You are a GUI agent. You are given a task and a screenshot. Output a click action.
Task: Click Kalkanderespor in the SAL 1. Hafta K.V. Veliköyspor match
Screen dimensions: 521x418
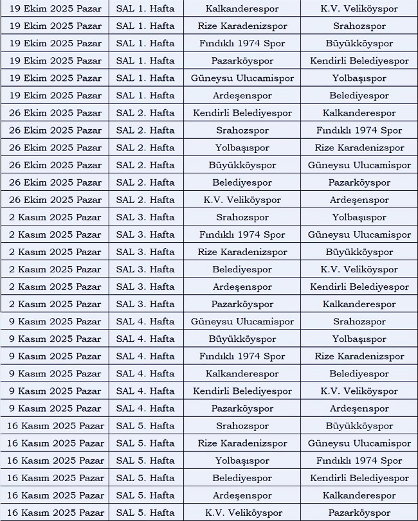pos(242,9)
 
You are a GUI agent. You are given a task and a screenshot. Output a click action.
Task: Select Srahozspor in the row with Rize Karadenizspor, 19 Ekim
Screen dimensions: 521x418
pos(359,26)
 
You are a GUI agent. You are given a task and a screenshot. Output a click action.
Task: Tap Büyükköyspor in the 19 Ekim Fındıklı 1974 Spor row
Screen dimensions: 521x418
pos(359,44)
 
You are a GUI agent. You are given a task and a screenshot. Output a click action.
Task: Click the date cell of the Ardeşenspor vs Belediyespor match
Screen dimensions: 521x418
pos(55,96)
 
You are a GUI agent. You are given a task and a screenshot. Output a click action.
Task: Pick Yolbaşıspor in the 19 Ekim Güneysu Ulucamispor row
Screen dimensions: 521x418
pos(359,78)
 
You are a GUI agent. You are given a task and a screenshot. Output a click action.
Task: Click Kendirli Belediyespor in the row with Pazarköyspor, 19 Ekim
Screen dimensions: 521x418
pos(359,61)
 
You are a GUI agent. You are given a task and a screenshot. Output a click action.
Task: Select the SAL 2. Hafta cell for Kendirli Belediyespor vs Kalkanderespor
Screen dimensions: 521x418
pos(145,113)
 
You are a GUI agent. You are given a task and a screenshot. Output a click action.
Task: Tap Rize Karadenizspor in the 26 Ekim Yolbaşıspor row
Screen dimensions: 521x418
pos(359,148)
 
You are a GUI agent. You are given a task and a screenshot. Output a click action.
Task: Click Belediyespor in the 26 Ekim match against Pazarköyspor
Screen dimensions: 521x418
pos(242,182)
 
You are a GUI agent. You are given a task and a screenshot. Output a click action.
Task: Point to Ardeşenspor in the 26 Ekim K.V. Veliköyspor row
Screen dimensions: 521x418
pos(359,200)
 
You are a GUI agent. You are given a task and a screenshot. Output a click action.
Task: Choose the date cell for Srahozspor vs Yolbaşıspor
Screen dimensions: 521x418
pos(55,217)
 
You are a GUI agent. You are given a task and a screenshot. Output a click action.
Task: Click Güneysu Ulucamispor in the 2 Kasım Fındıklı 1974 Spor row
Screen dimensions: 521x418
pos(359,234)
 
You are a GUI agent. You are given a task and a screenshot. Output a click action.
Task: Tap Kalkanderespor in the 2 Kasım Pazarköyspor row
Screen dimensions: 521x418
pos(359,304)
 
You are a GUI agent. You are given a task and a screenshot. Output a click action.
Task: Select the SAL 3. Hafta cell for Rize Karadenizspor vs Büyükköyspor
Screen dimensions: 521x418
pos(145,252)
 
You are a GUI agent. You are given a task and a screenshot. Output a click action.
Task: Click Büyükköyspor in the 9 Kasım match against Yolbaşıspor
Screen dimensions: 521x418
pos(242,339)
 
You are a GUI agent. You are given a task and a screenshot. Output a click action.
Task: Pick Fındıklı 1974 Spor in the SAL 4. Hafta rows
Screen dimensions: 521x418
pos(242,356)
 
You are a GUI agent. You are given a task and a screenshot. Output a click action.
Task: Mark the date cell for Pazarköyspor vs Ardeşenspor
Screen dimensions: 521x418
pos(55,408)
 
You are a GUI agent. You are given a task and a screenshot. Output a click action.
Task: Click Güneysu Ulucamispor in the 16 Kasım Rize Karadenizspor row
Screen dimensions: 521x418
pos(359,443)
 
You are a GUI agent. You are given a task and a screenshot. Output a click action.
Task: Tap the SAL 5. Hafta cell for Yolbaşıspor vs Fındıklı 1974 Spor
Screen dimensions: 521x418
pos(145,460)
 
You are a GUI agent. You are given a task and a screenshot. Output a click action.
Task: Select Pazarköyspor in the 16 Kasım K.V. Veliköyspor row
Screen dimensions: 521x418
pos(359,513)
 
